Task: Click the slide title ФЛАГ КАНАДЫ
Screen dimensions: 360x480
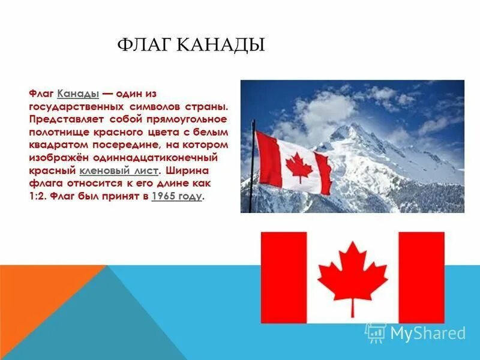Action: click(x=190, y=45)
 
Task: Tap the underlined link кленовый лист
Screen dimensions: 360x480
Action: click(x=118, y=171)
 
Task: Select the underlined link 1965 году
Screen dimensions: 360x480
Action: click(x=177, y=196)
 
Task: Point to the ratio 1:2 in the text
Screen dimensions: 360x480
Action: click(x=38, y=196)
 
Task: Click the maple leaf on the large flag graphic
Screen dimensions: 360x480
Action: click(x=352, y=273)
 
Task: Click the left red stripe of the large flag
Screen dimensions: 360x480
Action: click(x=283, y=277)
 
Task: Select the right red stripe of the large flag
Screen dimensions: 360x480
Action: click(x=421, y=277)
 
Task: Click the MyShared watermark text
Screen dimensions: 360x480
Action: click(x=428, y=333)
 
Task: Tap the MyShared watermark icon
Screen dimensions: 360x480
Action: click(x=376, y=333)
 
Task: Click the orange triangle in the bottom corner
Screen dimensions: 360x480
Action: click(x=36, y=300)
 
